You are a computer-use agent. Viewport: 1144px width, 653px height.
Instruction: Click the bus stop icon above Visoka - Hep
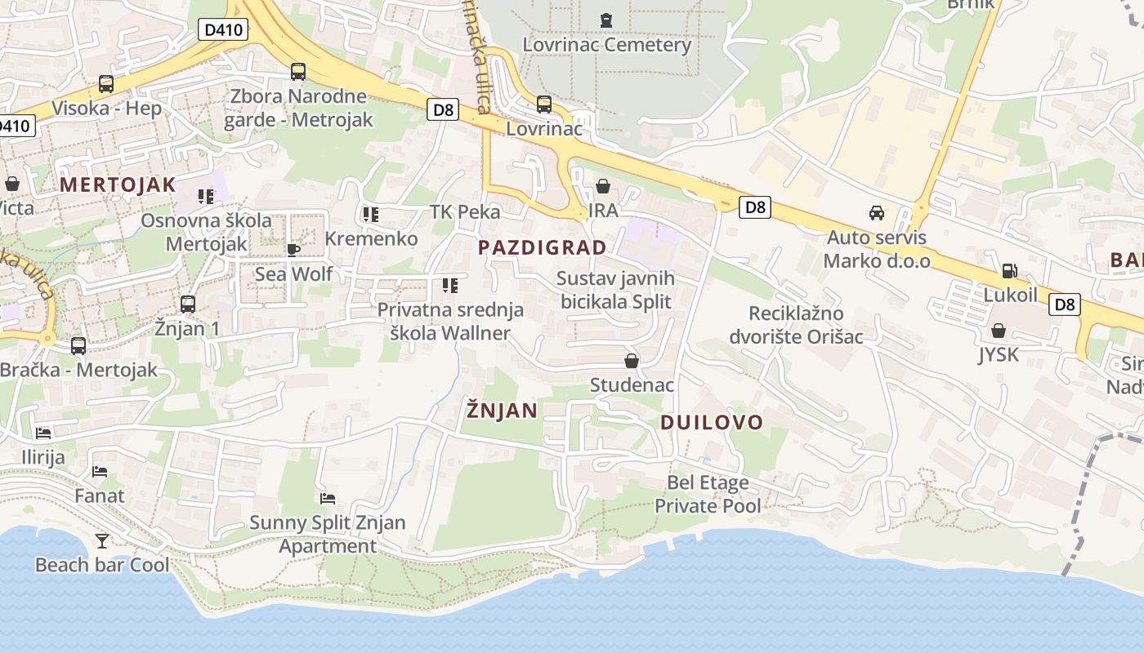(106, 83)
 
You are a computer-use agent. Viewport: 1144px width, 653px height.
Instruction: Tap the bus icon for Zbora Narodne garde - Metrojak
(298, 72)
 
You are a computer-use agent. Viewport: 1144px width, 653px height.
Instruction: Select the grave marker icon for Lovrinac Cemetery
(606, 19)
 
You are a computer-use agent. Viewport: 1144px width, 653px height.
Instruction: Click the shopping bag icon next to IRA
(603, 187)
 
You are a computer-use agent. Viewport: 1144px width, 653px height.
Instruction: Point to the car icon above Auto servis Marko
(877, 213)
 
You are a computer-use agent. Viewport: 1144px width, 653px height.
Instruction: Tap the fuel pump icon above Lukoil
(1010, 271)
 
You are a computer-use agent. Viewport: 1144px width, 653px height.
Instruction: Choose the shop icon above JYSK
(998, 331)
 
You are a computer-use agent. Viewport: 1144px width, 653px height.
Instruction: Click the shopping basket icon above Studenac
(632, 361)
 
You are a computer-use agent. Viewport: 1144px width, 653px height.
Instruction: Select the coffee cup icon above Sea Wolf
(293, 249)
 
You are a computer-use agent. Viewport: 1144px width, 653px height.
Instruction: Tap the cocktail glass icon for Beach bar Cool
(102, 540)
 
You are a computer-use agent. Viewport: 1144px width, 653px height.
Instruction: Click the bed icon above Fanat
(100, 471)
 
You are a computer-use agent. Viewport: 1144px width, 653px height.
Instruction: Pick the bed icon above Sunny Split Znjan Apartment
(328, 498)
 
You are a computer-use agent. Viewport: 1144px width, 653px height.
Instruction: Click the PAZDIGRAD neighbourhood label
(543, 247)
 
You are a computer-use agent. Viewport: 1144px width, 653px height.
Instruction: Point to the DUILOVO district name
(711, 423)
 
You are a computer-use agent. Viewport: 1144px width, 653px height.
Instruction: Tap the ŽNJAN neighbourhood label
(502, 410)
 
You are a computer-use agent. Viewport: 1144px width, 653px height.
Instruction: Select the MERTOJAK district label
(118, 184)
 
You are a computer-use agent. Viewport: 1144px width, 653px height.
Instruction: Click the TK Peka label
(465, 212)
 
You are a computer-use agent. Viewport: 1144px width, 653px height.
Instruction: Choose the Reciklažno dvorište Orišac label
(796, 325)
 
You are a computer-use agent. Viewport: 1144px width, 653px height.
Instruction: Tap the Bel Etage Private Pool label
(708, 494)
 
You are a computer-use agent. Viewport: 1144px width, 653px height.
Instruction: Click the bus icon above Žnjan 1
(188, 304)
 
